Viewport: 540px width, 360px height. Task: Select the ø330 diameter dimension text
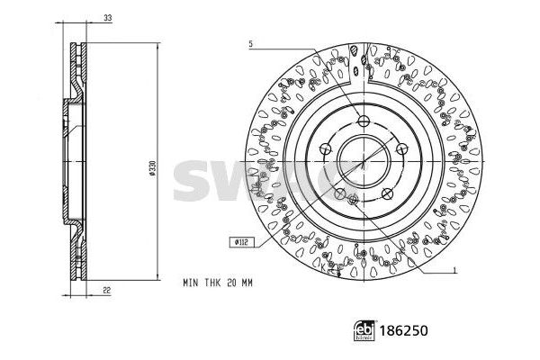(x=153, y=169)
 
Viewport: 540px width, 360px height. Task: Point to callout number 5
(x=251, y=43)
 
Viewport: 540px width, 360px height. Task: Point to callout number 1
(x=456, y=270)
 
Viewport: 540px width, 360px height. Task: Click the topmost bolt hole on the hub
(x=363, y=122)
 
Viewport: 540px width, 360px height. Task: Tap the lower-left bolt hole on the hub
(x=338, y=193)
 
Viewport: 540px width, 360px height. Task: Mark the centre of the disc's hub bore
(x=362, y=162)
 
